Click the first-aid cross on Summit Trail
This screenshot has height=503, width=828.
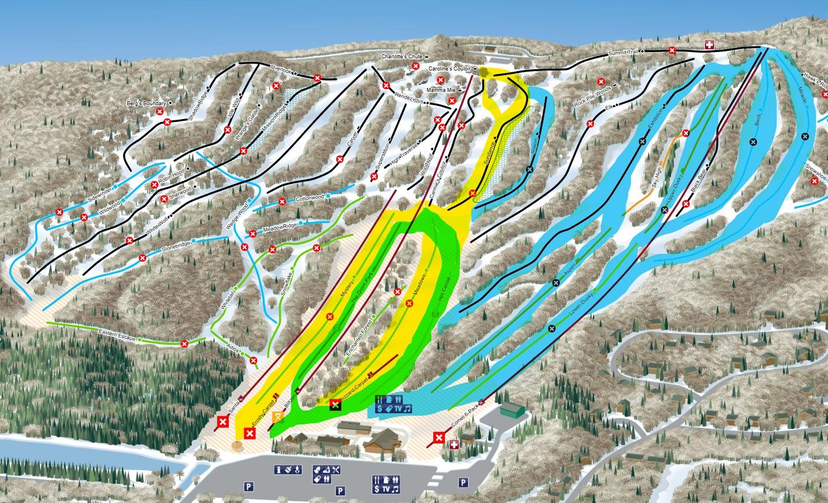click(x=709, y=45)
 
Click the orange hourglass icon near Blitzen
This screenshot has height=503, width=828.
click(x=279, y=416)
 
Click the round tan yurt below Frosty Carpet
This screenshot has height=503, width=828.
click(x=237, y=446)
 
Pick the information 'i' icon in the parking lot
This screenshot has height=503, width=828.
click(x=279, y=469)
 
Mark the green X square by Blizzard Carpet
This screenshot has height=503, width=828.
click(x=335, y=405)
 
